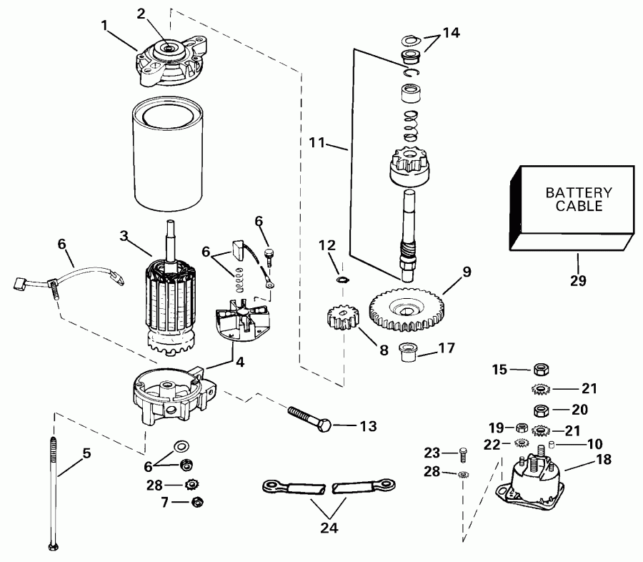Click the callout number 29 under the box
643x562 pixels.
click(577, 281)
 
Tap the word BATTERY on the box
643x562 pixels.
click(579, 193)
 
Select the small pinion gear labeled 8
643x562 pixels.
click(342, 315)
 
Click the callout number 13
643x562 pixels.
click(367, 427)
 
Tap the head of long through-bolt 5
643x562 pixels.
click(53, 546)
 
